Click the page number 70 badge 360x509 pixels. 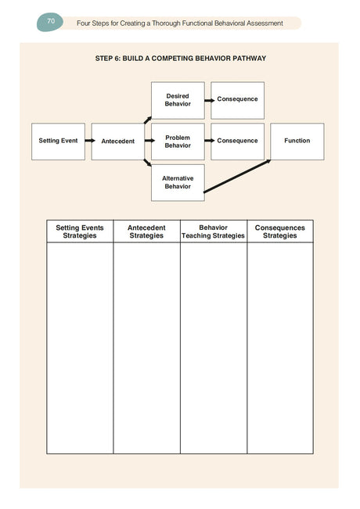point(50,22)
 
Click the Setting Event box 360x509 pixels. point(58,142)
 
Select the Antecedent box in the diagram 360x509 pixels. point(117,142)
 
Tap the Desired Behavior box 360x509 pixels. point(178,100)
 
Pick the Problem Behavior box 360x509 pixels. point(178,142)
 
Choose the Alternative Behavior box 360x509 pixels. point(178,182)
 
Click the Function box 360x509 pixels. point(297,142)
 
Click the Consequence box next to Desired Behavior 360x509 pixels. point(237,100)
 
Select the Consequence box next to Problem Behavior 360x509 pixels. point(237,142)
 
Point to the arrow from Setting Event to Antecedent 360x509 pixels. point(88,142)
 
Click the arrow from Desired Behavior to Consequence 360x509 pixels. point(207,100)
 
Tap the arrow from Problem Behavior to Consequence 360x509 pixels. point(207,142)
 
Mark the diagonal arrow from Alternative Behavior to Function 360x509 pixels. point(237,176)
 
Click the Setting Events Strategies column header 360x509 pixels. point(80,231)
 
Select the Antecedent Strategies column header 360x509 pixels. point(146,231)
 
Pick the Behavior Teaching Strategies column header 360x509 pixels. point(213,231)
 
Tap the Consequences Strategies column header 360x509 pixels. point(279,231)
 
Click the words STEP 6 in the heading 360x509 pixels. point(106,59)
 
